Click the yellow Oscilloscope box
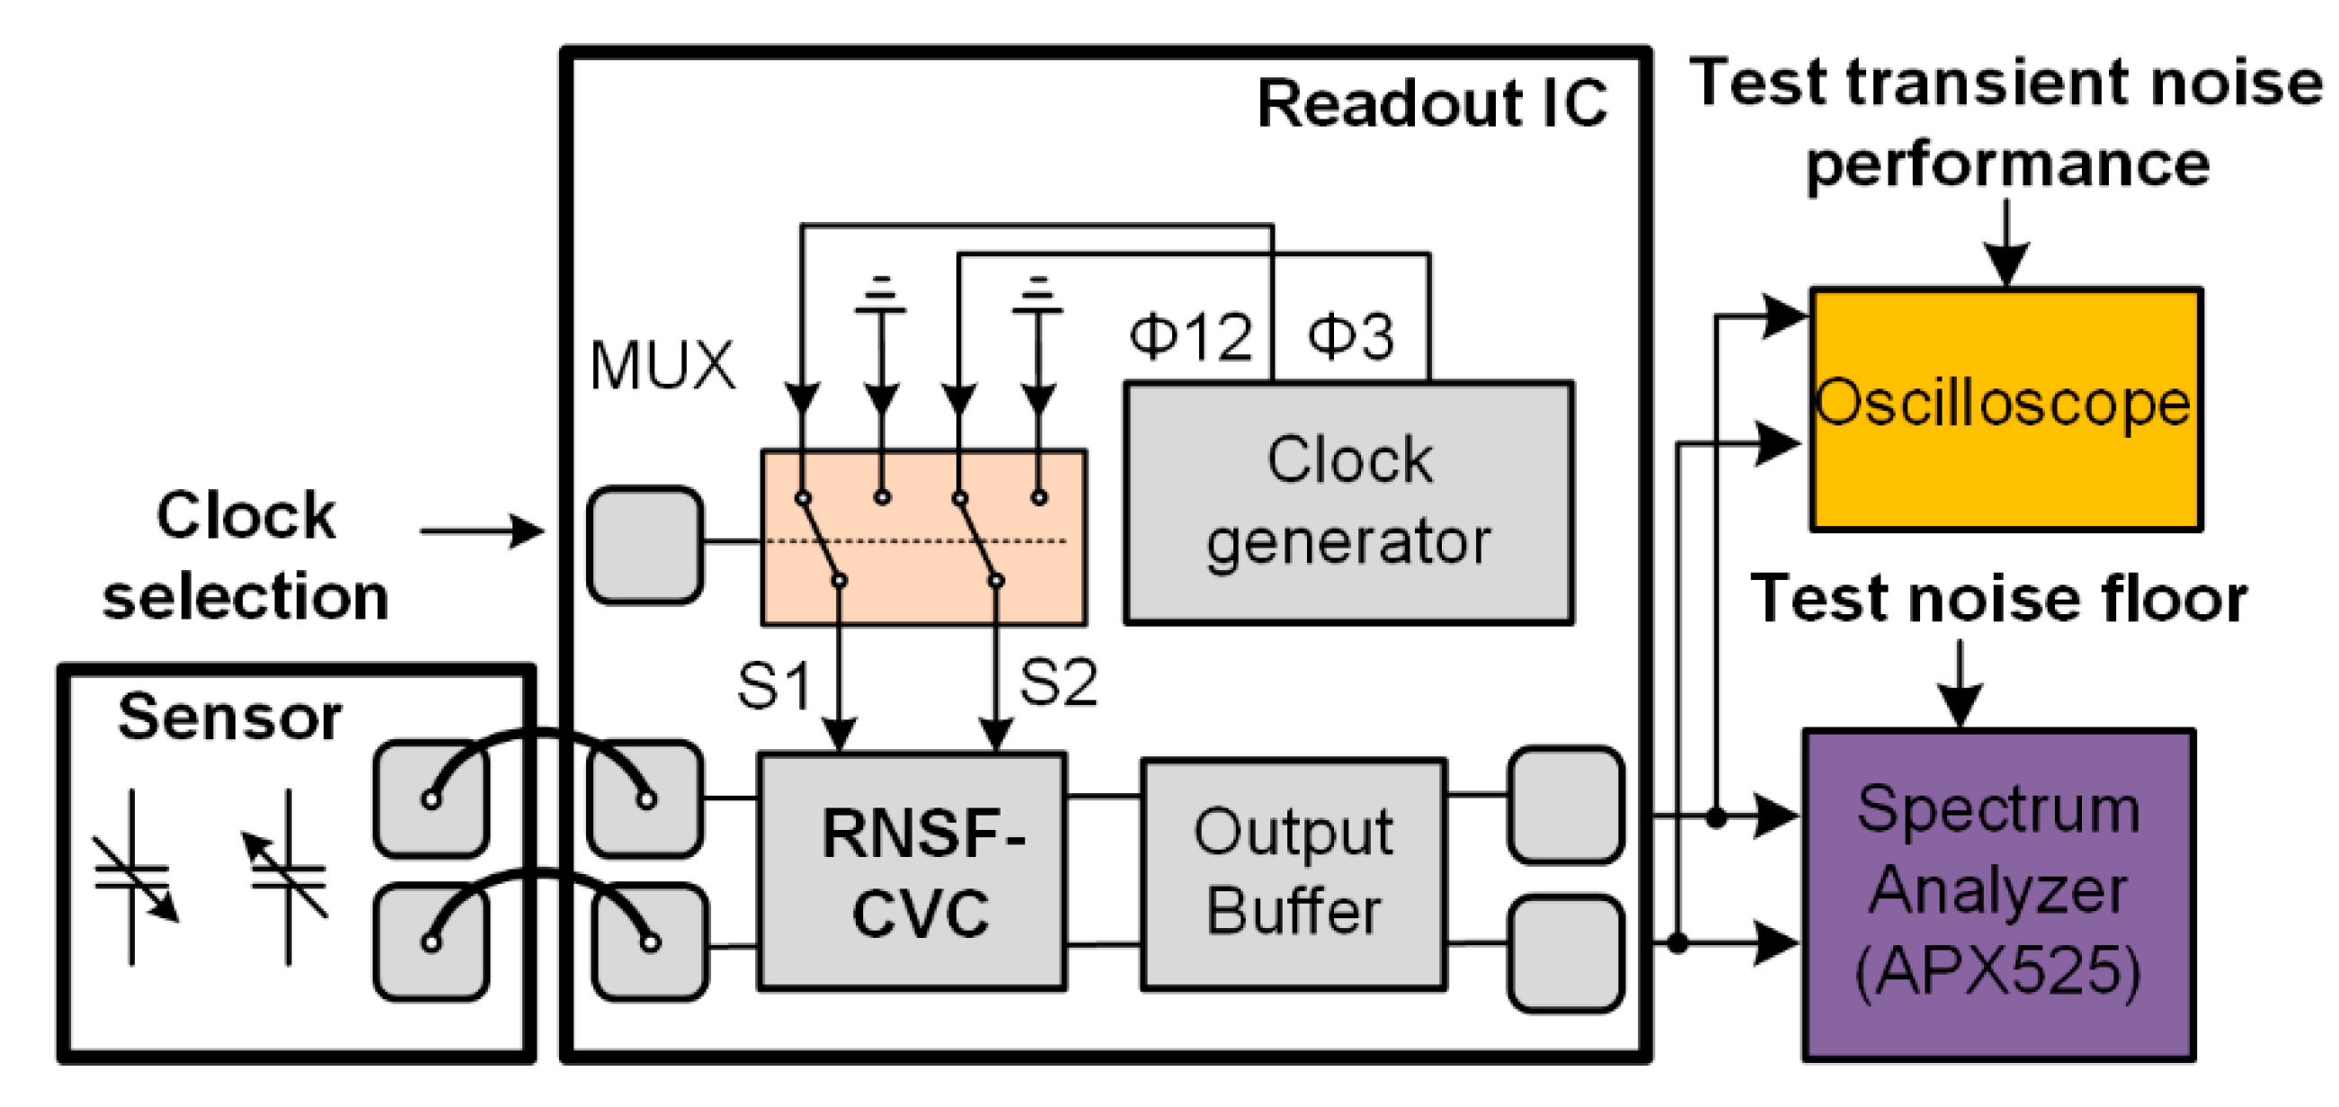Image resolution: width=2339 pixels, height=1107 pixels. (x=2005, y=408)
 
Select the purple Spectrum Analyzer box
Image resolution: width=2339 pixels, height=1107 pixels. (x=1998, y=894)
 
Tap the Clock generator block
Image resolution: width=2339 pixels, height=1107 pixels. (x=1348, y=502)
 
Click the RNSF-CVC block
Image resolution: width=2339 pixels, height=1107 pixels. (x=912, y=870)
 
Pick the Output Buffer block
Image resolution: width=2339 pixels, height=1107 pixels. (x=1293, y=872)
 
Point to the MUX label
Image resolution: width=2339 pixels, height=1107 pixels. (x=661, y=366)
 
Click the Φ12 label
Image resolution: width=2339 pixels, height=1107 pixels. (x=1190, y=336)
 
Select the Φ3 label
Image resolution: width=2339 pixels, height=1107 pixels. (x=1350, y=336)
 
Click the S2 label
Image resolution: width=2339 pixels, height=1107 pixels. (x=1058, y=682)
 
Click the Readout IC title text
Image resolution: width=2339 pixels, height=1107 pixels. (x=1431, y=103)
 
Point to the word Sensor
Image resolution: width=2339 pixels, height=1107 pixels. (x=230, y=718)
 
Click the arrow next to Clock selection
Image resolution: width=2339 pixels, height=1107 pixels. (x=482, y=531)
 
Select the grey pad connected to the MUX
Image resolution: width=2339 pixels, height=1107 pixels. (x=645, y=545)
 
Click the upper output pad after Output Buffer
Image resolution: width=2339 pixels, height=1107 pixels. (x=1565, y=805)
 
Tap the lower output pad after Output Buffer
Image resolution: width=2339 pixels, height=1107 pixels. (x=1565, y=952)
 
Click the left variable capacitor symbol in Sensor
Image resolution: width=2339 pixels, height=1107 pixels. (x=133, y=876)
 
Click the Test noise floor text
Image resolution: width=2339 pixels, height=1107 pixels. (x=1997, y=599)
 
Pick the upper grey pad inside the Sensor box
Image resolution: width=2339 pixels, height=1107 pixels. (x=431, y=799)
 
